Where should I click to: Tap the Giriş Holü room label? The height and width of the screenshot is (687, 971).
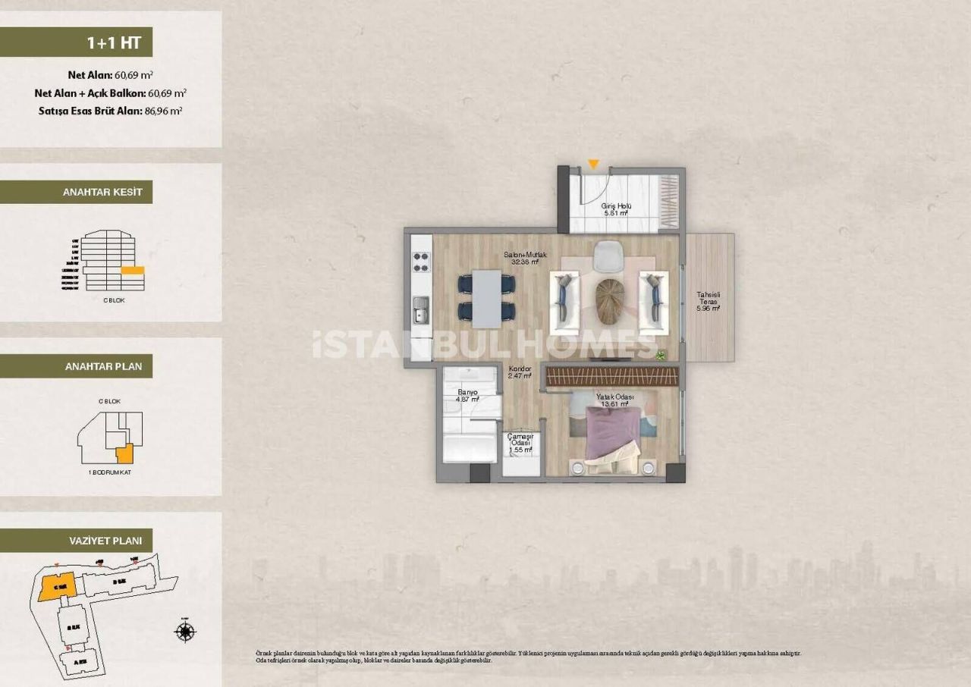click(616, 210)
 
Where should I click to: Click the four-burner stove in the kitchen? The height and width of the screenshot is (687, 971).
click(421, 262)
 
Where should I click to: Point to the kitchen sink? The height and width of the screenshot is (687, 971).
click(421, 309)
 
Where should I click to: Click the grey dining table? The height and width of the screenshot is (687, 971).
click(486, 295)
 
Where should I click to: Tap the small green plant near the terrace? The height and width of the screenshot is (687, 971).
click(661, 353)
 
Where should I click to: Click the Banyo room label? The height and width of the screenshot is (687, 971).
click(467, 396)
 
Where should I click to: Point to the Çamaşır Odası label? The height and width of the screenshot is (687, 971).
click(520, 441)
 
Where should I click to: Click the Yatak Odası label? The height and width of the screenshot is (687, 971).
click(614, 400)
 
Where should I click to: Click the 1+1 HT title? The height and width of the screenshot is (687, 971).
click(114, 42)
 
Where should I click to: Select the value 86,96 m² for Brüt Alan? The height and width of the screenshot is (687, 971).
click(163, 111)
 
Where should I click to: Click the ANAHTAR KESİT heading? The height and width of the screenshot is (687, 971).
click(102, 193)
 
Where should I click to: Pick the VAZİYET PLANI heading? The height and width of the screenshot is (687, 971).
click(102, 541)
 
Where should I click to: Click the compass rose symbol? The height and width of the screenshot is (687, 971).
click(184, 631)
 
